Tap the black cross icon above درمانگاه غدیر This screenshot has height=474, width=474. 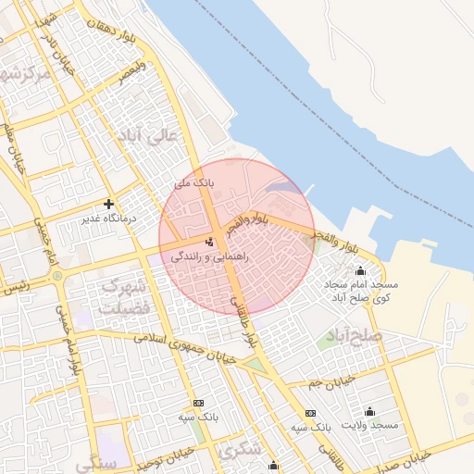[x=109, y=204]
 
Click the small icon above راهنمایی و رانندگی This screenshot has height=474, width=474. [x=207, y=242]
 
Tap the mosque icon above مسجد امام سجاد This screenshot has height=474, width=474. [x=359, y=271]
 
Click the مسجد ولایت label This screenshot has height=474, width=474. [x=369, y=425]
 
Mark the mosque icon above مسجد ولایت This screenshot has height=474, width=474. [x=369, y=411]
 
